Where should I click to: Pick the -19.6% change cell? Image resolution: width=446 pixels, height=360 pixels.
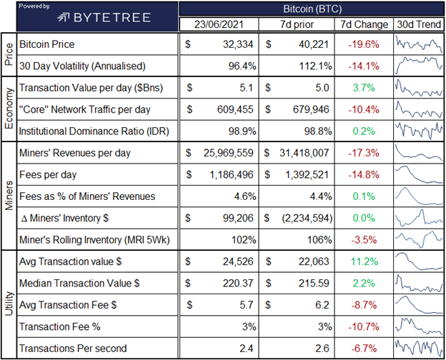tap(364, 44)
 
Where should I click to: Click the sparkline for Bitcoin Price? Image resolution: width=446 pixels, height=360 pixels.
tap(418, 44)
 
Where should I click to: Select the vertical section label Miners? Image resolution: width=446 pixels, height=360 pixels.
tap(8, 196)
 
